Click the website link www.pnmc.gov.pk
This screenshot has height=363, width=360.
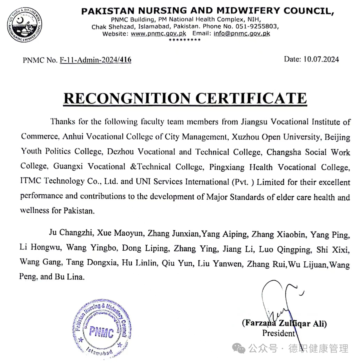tap(158, 34)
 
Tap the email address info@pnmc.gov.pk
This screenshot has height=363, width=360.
tap(242, 34)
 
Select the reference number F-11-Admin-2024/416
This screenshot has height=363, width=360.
tap(95, 60)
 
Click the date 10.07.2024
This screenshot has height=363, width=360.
tap(321, 59)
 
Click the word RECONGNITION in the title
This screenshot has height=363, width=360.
tap(127, 98)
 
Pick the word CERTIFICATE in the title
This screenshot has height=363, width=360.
tap(251, 98)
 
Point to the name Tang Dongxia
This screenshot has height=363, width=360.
tap(92, 263)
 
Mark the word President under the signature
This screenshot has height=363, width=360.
tap(278, 333)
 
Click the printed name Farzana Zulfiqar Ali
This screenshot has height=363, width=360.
tap(284, 323)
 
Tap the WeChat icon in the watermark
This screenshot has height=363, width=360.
tap(238, 349)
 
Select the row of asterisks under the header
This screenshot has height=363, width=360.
tap(184, 40)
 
